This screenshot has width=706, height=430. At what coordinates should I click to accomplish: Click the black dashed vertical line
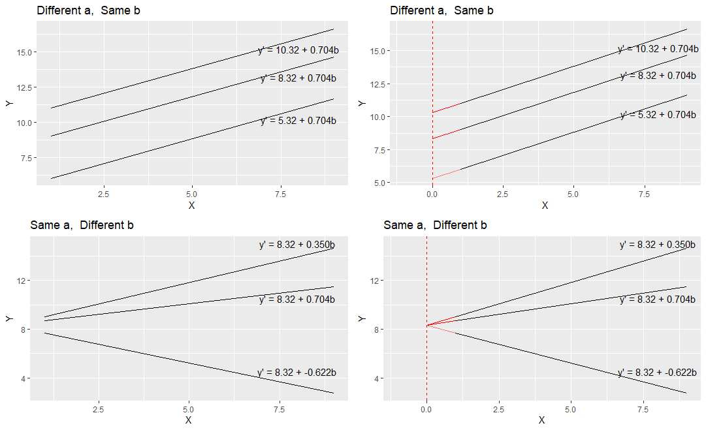coord(426,274)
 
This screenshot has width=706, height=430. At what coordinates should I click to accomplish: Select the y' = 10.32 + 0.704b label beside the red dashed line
coord(657,49)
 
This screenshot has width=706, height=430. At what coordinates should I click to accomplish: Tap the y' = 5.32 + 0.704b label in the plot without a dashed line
coord(298,121)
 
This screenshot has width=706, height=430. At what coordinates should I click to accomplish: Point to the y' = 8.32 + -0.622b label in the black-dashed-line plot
coord(656,373)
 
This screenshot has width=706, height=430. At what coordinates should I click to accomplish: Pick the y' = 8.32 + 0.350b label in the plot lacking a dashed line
coord(297,245)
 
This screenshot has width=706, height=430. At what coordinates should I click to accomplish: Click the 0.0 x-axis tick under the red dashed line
coord(432,194)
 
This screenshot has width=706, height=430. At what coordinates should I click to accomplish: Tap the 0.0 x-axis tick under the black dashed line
coord(426,410)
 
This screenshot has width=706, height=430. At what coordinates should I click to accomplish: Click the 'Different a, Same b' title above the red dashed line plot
coord(441,10)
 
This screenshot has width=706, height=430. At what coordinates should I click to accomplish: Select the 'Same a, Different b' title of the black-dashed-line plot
coord(435,225)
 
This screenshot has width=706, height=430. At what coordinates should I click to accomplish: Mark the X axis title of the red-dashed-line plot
coord(545,206)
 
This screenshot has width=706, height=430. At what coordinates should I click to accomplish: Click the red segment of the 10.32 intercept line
coord(447,108)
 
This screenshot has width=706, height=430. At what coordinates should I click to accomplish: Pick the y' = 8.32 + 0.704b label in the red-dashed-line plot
coord(658,76)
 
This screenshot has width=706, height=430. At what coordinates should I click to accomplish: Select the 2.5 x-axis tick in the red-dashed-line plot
coord(503,194)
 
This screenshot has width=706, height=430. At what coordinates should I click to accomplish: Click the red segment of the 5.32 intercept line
coord(447,174)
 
